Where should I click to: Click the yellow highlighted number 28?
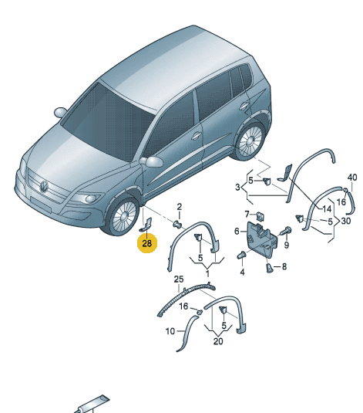(x=146, y=243)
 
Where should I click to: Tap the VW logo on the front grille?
(x=44, y=187)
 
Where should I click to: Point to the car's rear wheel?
(x=250, y=140)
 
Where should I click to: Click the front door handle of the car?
(x=196, y=136)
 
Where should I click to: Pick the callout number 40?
(x=352, y=178)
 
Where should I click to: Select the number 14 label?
(x=327, y=209)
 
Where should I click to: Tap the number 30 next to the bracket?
(x=345, y=221)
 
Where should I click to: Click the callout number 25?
(x=179, y=279)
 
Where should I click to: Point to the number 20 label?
(x=218, y=341)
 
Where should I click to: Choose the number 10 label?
(x=170, y=331)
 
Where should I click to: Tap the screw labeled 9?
(x=286, y=231)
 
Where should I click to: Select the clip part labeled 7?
(x=260, y=216)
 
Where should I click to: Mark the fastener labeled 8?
(x=269, y=268)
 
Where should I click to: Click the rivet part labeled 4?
(x=241, y=256)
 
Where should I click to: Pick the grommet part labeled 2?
(x=178, y=225)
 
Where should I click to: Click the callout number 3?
(x=237, y=188)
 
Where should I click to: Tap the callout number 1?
(x=207, y=274)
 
